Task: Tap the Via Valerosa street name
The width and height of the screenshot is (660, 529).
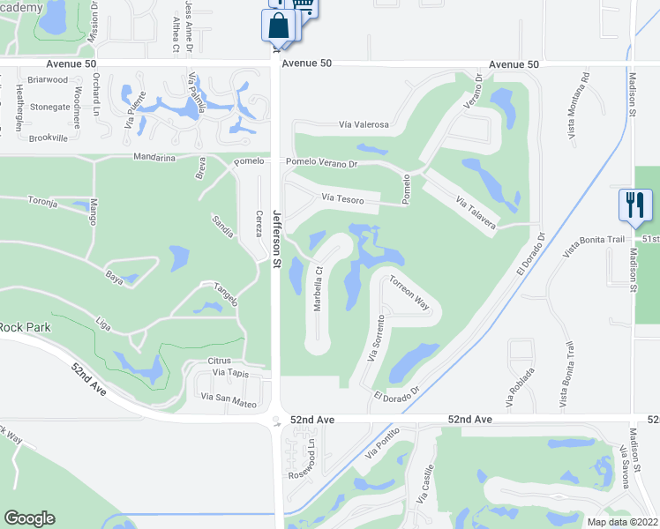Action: pos(364,125)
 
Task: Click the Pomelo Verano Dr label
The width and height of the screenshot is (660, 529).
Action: pos(320,163)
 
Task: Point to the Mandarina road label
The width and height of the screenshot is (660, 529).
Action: pos(154,158)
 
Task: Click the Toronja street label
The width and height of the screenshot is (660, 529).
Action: pos(42,202)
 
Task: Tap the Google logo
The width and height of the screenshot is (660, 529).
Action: pos(29,518)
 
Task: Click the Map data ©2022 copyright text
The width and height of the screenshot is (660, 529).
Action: pos(622,522)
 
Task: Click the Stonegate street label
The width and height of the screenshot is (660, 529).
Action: pos(49,107)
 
